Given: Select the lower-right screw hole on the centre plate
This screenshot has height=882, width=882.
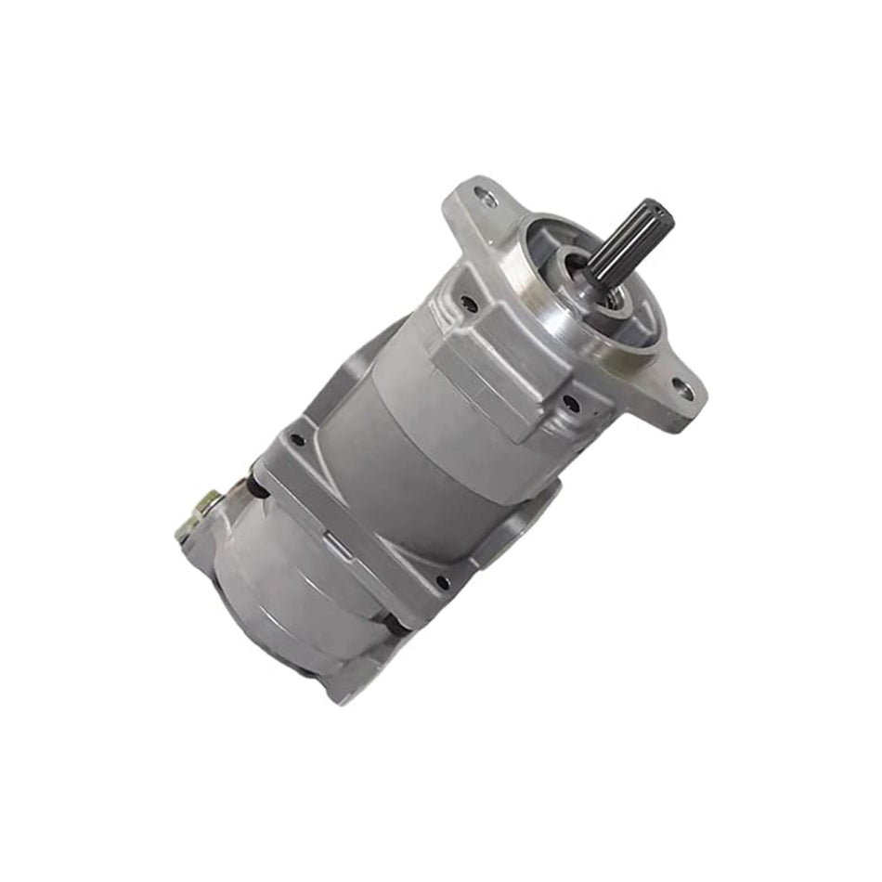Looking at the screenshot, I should click(x=443, y=583).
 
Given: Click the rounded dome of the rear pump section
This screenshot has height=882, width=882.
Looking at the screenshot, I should click(x=279, y=594).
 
